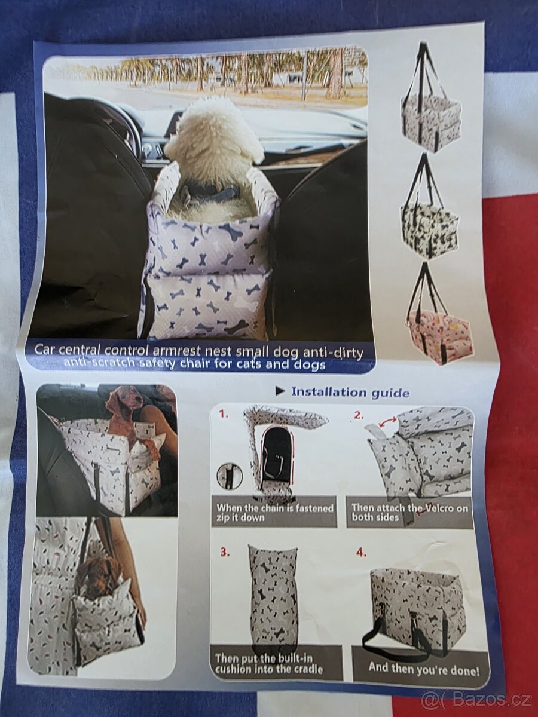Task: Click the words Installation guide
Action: pyautogui.click(x=350, y=391)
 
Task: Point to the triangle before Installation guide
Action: pyautogui.click(x=280, y=391)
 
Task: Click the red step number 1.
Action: pyautogui.click(x=224, y=415)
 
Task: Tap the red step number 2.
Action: pyautogui.click(x=359, y=415)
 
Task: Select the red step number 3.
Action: pyautogui.click(x=225, y=552)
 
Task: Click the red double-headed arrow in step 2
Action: pyautogui.click(x=389, y=422)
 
